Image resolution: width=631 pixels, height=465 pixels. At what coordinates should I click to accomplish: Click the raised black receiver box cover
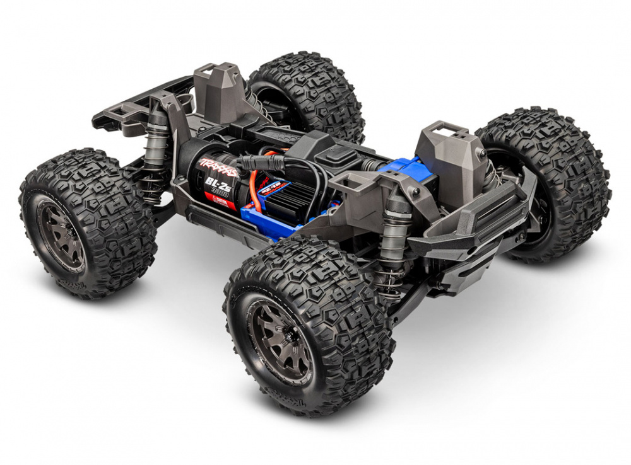(327, 147)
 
